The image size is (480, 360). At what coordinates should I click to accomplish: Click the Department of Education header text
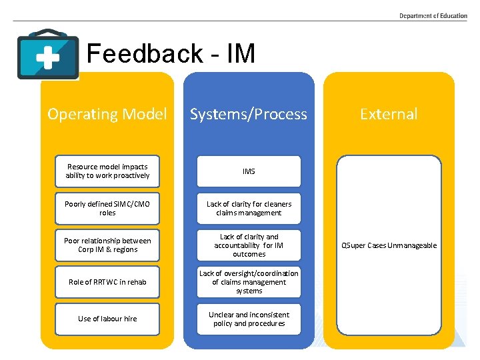[433, 15]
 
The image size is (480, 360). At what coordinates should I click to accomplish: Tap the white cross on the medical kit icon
[47, 58]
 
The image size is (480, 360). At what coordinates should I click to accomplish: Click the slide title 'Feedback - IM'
[171, 54]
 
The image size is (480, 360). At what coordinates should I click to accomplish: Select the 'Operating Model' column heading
[107, 114]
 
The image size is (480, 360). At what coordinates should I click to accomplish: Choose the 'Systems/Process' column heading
[249, 114]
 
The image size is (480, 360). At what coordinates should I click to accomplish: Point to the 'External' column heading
[389, 114]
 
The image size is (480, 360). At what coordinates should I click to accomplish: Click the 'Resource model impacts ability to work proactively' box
[107, 171]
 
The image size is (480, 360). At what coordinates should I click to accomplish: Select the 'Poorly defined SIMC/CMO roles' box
[107, 209]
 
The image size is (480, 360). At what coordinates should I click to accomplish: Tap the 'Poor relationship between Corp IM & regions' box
[107, 245]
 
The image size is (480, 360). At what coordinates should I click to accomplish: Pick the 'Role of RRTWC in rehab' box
[107, 282]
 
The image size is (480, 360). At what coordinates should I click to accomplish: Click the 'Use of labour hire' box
[107, 319]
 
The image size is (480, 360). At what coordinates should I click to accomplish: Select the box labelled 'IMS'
[249, 171]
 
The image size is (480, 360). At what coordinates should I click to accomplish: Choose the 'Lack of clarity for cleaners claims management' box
[249, 209]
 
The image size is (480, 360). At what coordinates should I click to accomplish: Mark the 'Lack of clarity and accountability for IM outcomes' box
[249, 245]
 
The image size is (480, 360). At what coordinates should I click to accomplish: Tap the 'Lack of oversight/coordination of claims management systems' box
[249, 282]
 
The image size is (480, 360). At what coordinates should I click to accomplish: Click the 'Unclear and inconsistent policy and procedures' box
[249, 319]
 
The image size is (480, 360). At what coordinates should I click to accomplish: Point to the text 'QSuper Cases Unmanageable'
[389, 245]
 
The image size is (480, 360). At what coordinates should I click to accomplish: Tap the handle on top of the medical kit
[48, 33]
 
